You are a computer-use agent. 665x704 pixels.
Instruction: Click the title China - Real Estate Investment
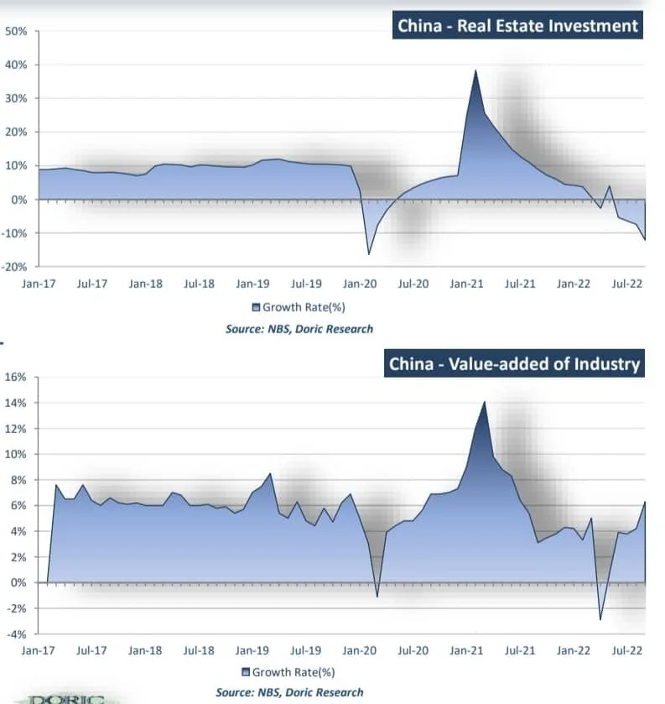517,25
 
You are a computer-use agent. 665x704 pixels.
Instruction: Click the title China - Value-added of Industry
514,364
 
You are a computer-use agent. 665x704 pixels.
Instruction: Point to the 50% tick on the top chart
17,31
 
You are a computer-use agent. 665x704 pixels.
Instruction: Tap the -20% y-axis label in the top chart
15,267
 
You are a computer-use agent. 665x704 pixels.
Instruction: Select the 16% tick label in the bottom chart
17,377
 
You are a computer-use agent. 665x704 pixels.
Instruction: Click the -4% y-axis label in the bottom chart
17,634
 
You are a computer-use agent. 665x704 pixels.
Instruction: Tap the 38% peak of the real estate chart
475,71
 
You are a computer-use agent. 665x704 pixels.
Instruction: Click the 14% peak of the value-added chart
484,403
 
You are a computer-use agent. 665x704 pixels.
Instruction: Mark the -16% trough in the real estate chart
369,253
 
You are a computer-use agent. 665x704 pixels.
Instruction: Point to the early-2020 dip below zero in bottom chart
377,596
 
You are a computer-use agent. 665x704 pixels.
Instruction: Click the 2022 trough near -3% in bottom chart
600,618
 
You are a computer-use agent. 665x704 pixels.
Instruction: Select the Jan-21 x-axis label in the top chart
466,284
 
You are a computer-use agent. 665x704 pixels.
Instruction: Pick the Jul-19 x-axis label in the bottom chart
306,650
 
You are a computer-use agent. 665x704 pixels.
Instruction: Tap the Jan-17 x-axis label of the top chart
38,284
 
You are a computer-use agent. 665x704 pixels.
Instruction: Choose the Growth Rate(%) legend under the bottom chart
288,672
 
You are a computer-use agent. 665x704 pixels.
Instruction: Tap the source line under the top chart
299,329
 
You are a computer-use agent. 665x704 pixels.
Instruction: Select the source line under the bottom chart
289,692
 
